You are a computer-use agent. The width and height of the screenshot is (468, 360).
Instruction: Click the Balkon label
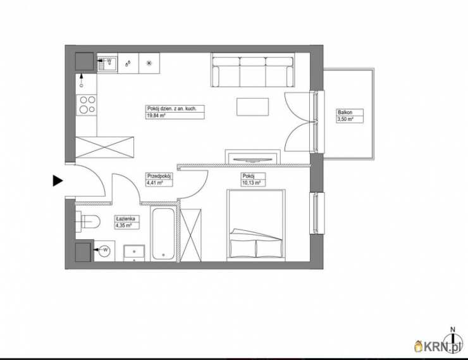tap(345, 113)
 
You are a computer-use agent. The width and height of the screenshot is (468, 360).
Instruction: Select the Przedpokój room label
tap(159, 176)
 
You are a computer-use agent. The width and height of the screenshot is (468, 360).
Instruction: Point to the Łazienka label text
tap(126, 219)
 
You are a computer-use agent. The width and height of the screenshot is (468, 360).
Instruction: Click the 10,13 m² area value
tap(251, 183)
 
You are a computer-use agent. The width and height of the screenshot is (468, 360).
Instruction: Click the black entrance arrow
tap(58, 180)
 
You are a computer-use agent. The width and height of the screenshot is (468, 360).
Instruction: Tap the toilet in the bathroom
tap(88, 221)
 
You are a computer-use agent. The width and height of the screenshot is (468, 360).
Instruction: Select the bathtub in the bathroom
tap(163, 233)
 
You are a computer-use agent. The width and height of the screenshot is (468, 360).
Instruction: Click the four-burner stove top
tap(87, 105)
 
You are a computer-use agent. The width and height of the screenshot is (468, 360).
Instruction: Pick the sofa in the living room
tap(252, 70)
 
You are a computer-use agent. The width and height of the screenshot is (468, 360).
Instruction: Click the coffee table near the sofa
tap(252, 106)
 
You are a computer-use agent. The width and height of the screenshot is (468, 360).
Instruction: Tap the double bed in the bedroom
tap(256, 225)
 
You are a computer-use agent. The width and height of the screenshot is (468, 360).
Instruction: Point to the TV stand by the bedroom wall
tap(252, 157)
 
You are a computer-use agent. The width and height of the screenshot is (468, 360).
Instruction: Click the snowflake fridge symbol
tap(149, 63)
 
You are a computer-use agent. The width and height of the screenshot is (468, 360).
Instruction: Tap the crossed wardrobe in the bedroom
tap(191, 235)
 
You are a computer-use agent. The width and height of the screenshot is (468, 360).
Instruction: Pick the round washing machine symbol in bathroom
tap(104, 250)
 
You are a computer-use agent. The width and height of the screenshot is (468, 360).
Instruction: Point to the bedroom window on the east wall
tap(317, 213)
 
